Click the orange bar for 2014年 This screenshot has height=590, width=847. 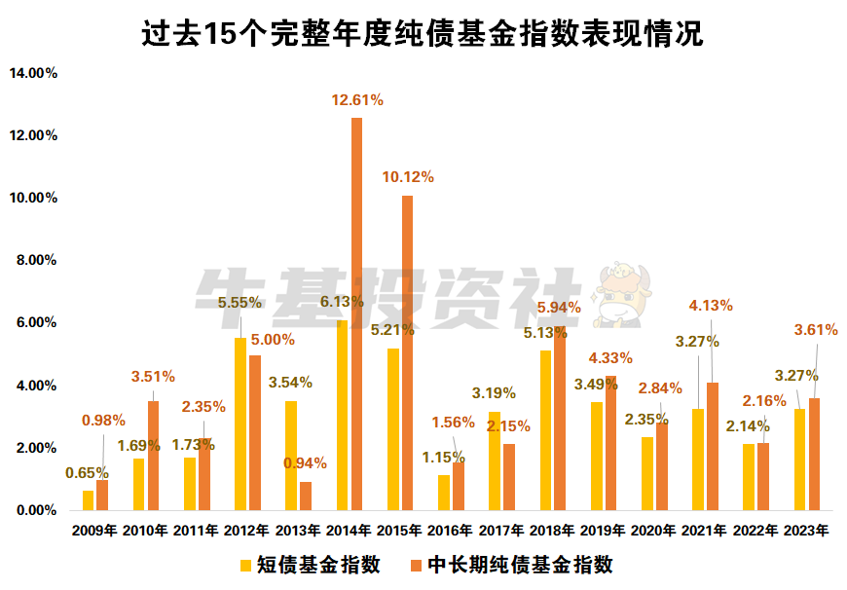[x=356, y=313]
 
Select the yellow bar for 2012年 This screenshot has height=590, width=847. [x=240, y=424]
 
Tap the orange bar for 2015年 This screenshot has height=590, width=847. [x=407, y=352]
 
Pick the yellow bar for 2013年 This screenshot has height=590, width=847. [x=291, y=456]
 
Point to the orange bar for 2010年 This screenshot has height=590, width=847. [x=153, y=456]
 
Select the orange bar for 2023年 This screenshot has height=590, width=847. [x=814, y=454]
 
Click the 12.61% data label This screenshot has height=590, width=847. [x=357, y=99]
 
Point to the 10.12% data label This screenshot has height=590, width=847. [x=408, y=177]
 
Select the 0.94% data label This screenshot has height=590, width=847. [x=306, y=462]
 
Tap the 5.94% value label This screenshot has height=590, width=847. [x=558, y=307]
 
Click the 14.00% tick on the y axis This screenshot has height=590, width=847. [x=34, y=73]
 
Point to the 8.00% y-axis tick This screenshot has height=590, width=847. [x=37, y=261]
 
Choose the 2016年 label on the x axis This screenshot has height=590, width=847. [x=449, y=532]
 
